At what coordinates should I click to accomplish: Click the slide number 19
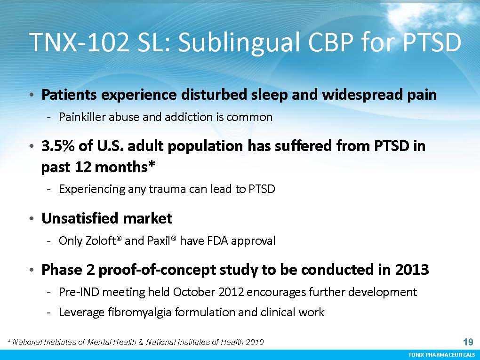coord(468,342)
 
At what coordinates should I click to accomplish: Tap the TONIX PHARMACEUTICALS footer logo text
coord(442,354)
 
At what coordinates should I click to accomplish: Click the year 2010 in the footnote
coord(255,342)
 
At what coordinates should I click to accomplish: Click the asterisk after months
coord(152,164)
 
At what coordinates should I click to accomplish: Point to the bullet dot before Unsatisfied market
coord(32,219)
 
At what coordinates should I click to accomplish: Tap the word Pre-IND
coord(79,292)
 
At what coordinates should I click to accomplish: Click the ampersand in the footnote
coord(141,342)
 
